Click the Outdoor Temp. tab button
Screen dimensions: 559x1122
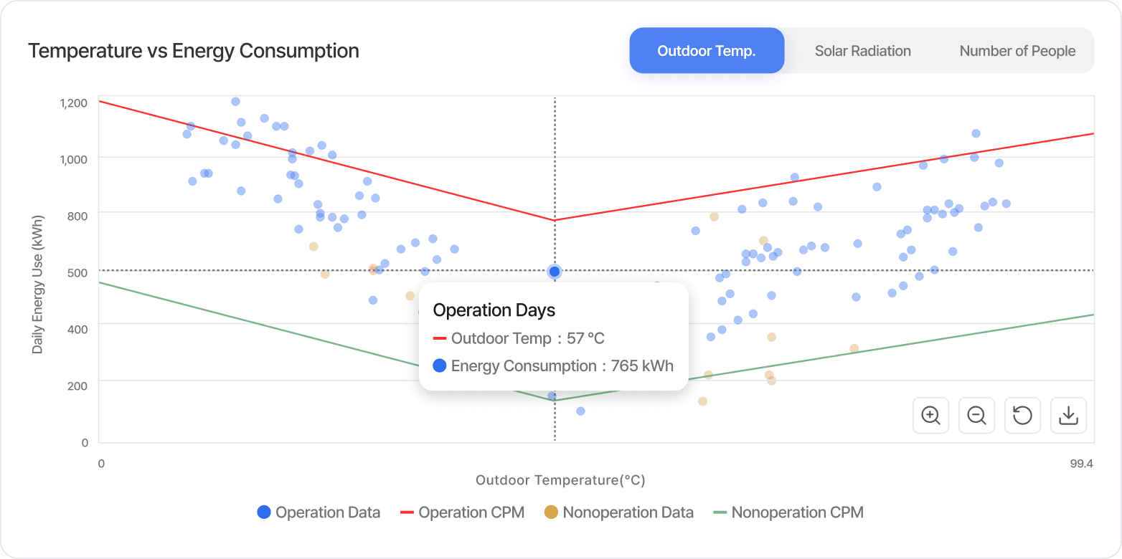[x=707, y=51]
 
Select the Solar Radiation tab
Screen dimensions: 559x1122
[x=862, y=51]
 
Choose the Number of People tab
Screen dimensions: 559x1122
[x=1017, y=51]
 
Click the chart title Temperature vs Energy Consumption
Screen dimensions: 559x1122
[x=194, y=51]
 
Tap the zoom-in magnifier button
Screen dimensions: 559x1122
[x=930, y=416]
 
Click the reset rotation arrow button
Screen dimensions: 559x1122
[x=1022, y=416]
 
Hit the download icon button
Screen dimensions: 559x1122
[x=1068, y=416]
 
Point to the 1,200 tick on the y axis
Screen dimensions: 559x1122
[x=74, y=102]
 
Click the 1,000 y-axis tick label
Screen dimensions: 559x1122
[x=74, y=159]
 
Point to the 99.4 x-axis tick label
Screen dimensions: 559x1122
[x=1081, y=464]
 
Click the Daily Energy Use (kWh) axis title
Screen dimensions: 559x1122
[x=38, y=284]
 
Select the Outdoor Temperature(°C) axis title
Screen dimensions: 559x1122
[x=560, y=480]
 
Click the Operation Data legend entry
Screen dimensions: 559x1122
[x=319, y=512]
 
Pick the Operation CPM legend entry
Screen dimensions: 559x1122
[x=462, y=512]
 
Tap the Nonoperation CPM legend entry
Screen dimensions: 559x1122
[x=788, y=512]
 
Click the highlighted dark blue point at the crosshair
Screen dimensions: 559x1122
[x=555, y=272]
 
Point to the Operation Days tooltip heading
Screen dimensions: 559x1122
[x=494, y=310]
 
